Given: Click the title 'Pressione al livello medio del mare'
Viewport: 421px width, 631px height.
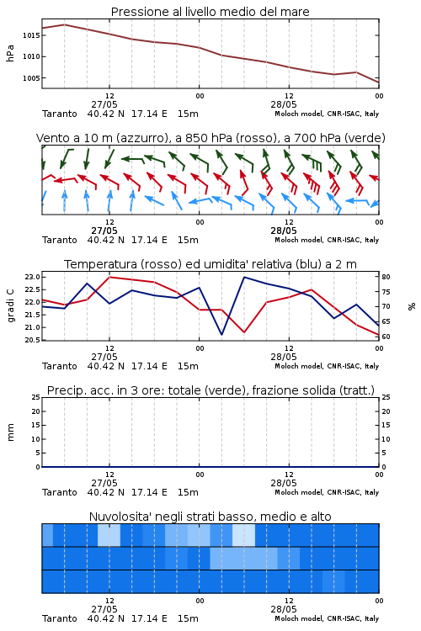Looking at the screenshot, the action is [x=210, y=12].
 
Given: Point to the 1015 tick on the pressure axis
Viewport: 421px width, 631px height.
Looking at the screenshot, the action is [x=31, y=35].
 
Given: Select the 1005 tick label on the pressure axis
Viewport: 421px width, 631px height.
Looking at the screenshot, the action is [x=31, y=78].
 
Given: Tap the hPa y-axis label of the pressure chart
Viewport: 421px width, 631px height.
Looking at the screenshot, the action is [x=10, y=53].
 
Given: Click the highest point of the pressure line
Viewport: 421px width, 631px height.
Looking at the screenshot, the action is [x=65, y=24].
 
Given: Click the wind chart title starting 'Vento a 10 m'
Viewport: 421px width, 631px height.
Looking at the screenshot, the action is [x=210, y=138].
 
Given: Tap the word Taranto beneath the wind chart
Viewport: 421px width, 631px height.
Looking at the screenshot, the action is [x=60, y=240].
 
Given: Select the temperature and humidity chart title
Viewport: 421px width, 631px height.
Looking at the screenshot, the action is [x=210, y=264].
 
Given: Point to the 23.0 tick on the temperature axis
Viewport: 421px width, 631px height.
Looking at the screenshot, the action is [x=33, y=277].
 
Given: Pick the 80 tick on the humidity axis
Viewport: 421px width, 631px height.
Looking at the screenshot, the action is [x=386, y=277].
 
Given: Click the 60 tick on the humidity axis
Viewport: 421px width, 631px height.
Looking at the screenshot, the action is [x=386, y=337].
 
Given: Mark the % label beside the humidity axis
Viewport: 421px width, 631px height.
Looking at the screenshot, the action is [x=412, y=306].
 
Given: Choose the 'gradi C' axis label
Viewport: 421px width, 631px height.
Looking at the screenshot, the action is [x=10, y=305].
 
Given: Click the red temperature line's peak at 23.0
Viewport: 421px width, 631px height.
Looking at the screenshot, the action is [x=109, y=277].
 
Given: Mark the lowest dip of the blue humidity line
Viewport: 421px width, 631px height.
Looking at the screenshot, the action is [x=221, y=334].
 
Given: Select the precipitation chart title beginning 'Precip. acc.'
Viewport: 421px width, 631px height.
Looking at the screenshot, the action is [x=210, y=390].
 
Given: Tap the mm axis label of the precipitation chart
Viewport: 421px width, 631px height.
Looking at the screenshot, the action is [x=10, y=432].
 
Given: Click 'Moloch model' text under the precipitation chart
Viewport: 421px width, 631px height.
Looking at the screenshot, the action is [x=298, y=492].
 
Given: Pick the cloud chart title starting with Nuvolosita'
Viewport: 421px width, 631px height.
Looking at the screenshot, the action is [x=210, y=517].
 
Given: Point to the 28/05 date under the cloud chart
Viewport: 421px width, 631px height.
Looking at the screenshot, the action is [x=284, y=609].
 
